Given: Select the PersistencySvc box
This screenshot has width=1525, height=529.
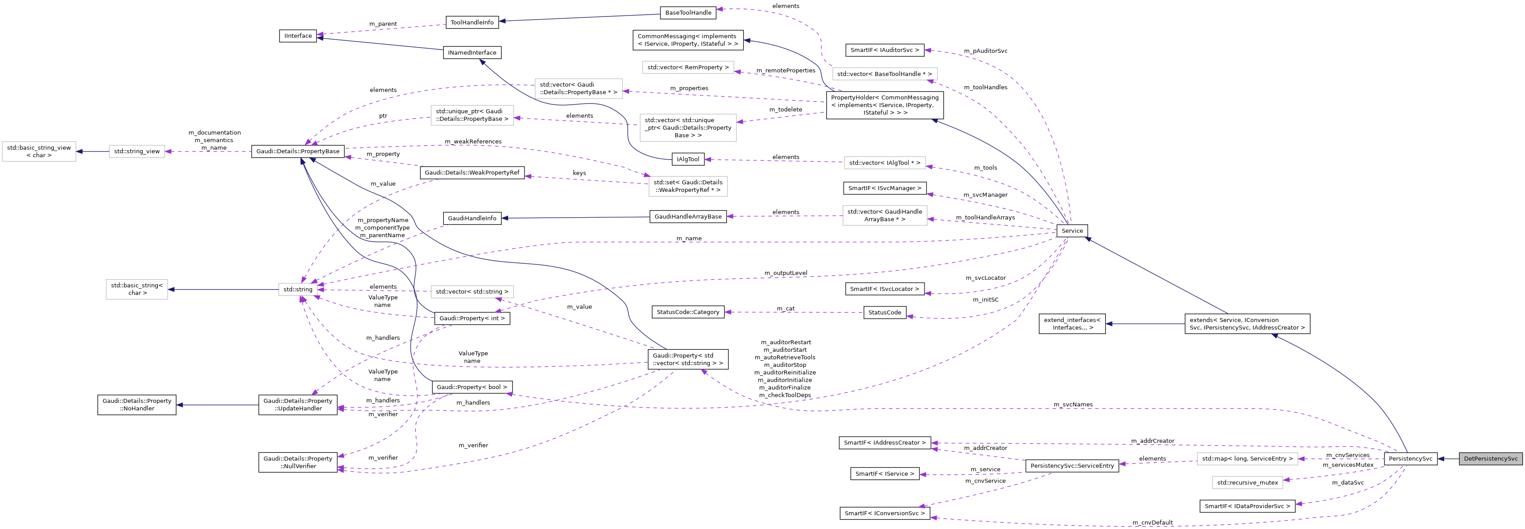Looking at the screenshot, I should (x=1410, y=458).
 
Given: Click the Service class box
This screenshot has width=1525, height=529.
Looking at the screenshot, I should (x=1072, y=231).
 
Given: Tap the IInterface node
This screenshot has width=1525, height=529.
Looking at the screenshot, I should (x=298, y=36).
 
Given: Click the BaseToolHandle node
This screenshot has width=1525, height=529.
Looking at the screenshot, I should (x=688, y=12).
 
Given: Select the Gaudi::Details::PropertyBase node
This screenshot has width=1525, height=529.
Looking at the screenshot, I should (x=298, y=151).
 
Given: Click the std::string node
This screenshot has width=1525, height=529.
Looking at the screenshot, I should (x=297, y=289).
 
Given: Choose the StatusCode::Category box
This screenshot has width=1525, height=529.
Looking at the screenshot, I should (x=688, y=312).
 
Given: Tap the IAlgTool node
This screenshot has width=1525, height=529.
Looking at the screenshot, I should (x=688, y=159).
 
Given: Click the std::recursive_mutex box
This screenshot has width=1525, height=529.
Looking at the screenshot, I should (x=1247, y=483).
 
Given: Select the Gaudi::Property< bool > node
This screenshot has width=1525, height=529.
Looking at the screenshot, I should (x=471, y=387).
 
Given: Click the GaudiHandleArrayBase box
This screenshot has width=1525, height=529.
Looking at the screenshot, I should (x=688, y=217).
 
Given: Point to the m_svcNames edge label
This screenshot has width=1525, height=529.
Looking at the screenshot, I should (x=1073, y=405).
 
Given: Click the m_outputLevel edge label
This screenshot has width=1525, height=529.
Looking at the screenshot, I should (x=785, y=273).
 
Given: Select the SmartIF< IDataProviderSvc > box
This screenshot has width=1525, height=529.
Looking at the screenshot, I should (x=1247, y=506).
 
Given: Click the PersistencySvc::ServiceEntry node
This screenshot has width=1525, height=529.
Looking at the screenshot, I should (x=1072, y=465).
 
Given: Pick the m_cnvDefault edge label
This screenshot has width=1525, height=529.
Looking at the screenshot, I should (x=1152, y=522).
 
